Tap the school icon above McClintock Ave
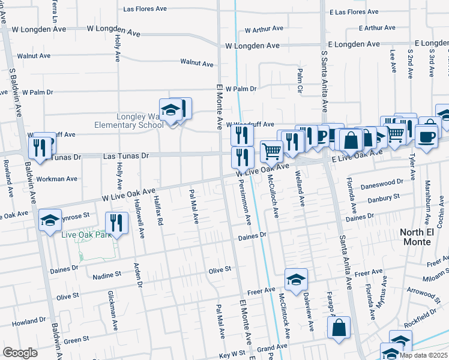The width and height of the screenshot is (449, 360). point(295,279)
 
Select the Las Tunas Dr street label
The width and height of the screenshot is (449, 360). point(126,155)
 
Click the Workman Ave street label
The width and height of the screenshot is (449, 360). point(57,179)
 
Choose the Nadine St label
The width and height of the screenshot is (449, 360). point(107,275)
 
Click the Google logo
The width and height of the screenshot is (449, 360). point(20,352)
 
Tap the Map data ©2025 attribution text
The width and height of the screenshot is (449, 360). point(423,355)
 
